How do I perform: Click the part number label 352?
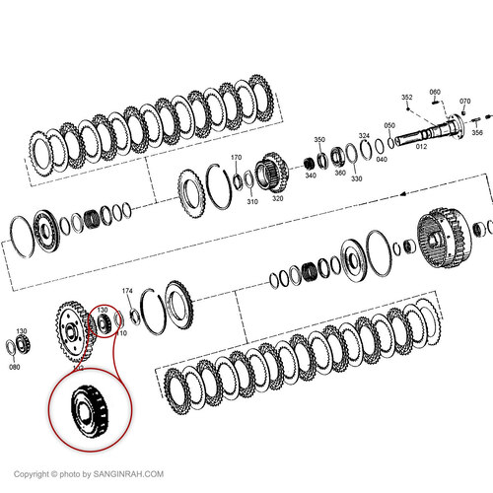(x=406, y=97)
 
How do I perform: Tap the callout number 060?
(x=435, y=92)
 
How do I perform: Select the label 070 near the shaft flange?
(x=464, y=102)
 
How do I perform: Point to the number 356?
(x=477, y=132)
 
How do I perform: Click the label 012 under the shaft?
(x=421, y=146)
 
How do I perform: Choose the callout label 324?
(x=364, y=135)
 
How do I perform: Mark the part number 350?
(x=319, y=140)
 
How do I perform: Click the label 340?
(x=310, y=176)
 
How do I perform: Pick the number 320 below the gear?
(x=278, y=198)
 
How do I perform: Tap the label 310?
(x=252, y=202)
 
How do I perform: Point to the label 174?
(x=126, y=291)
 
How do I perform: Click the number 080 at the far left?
(x=14, y=367)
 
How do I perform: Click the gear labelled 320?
(x=271, y=174)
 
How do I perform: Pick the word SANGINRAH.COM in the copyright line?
(x=125, y=472)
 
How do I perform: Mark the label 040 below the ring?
(x=382, y=159)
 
